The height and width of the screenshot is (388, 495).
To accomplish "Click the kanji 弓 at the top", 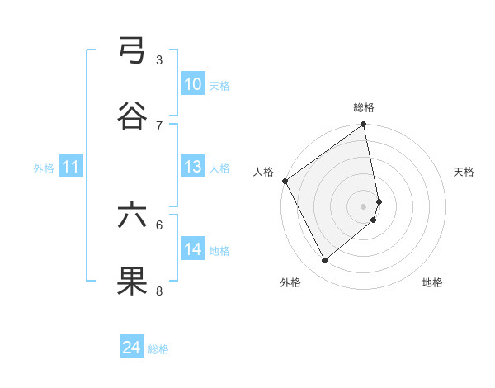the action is coord(132,50).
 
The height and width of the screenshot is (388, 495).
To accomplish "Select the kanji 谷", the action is coord(132,116).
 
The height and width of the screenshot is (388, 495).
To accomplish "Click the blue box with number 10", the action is coord(193,84).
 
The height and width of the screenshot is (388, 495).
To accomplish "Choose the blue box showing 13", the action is coord(193,167).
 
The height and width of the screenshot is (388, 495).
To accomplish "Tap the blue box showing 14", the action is coord(193,249).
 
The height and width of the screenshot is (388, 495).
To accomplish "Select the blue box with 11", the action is coord(71,167).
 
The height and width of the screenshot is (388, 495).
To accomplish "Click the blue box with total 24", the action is coord(132,348).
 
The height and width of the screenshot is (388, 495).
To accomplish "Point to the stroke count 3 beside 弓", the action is coord(159,59).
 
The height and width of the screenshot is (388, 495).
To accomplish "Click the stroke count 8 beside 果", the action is coord(159,291).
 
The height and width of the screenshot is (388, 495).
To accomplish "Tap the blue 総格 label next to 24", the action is coord(158,349).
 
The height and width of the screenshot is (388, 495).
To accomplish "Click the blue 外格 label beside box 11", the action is coord(44,168).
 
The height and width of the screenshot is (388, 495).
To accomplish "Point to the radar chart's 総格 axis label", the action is coord(364,107).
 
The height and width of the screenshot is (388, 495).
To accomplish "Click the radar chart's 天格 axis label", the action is coord(464,172).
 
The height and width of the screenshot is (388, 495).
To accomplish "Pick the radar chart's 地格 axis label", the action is coord(432,282).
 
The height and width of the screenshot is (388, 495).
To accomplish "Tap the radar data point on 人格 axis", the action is coord(285,181).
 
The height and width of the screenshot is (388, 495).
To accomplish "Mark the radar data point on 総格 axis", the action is coord(364,125).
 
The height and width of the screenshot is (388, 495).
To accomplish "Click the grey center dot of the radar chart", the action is coord(364,206).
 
